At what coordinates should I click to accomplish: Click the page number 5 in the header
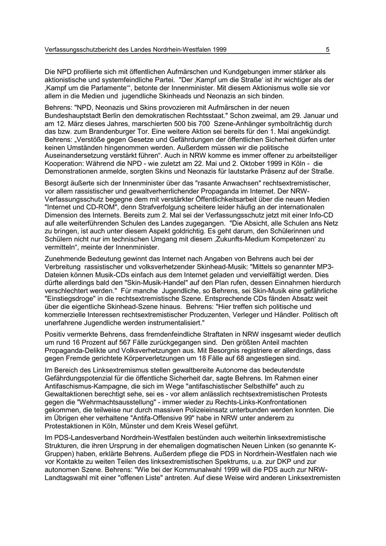(328, 50)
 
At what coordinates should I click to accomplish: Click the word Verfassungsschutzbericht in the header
(81, 50)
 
